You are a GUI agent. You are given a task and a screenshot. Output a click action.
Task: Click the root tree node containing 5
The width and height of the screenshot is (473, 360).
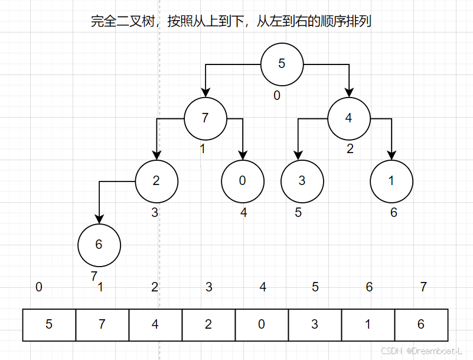click(x=282, y=64)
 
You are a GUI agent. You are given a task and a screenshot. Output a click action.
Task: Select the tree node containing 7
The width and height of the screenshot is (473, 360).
click(x=205, y=118)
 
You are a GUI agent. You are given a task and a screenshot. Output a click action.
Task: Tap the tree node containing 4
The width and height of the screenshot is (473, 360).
click(x=348, y=118)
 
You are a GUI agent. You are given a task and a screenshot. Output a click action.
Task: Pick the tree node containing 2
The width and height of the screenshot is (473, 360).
click(x=156, y=181)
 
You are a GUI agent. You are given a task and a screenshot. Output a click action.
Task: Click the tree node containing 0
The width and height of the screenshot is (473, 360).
click(x=242, y=181)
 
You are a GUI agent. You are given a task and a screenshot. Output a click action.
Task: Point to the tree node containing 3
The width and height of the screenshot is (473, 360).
click(x=302, y=181)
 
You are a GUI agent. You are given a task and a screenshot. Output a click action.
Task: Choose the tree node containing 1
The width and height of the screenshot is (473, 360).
click(x=392, y=181)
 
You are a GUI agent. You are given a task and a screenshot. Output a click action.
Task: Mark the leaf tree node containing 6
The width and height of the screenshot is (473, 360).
click(x=99, y=244)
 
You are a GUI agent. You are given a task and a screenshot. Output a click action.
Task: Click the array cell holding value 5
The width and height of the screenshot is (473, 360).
click(x=49, y=325)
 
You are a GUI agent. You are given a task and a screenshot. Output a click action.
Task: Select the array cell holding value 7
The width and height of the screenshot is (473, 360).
click(x=102, y=325)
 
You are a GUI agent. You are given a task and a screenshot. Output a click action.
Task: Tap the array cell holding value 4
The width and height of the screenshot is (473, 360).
click(x=155, y=325)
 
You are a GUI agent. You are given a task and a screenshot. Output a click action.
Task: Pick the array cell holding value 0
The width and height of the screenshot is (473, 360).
click(x=262, y=325)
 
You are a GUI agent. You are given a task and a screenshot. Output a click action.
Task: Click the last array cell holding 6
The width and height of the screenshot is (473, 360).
click(x=421, y=325)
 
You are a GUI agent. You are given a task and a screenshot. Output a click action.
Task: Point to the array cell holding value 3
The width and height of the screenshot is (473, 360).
click(x=315, y=325)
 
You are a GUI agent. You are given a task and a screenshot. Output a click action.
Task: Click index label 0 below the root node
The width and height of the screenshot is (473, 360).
click(x=277, y=95)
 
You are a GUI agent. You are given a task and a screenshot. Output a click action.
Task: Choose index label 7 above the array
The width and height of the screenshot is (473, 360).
click(x=423, y=287)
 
